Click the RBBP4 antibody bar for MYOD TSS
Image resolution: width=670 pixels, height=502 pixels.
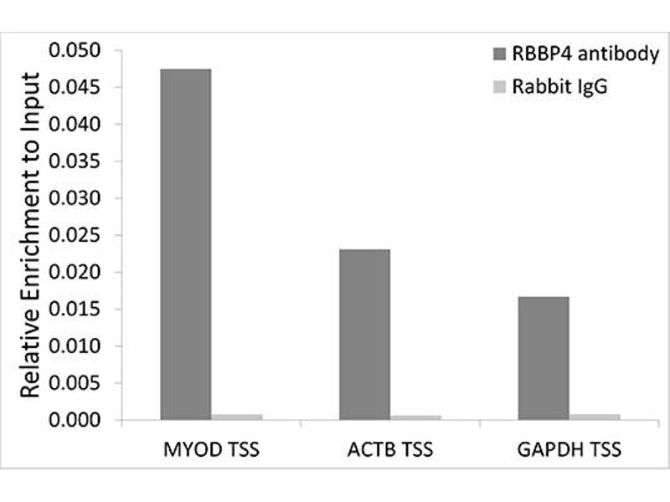coord(186,243)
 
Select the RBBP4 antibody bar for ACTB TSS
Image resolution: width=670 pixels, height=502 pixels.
coord(364,334)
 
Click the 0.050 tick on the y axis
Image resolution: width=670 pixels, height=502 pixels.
coord(75,52)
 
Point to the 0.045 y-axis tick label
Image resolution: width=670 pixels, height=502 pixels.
coord(75,89)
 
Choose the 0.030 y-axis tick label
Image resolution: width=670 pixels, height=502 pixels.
coord(75,199)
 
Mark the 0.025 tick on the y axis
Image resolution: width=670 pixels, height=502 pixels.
coord(75,236)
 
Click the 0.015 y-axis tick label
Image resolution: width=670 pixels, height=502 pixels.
coord(75,310)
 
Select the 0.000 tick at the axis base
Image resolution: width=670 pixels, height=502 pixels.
coord(75,420)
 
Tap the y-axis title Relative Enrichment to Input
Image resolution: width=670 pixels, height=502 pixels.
coord(31,236)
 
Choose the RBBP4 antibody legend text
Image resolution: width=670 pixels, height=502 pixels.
coord(578,56)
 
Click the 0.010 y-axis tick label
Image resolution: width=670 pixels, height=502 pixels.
coord(75,346)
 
